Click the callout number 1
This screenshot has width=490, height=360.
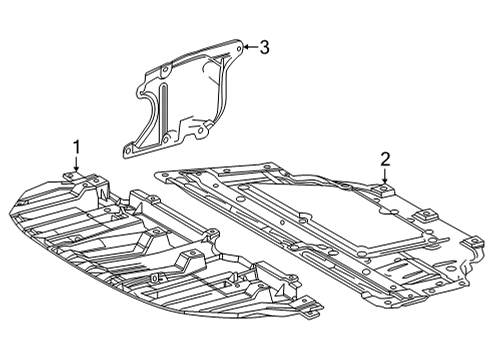(x=77, y=147)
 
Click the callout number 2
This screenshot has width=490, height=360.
(x=385, y=160)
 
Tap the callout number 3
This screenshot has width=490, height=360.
(x=264, y=47)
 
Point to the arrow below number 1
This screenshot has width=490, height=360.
(x=76, y=163)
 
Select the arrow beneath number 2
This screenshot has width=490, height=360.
(x=385, y=176)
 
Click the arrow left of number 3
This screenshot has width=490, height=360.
(x=251, y=47)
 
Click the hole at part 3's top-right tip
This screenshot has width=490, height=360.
(x=239, y=48)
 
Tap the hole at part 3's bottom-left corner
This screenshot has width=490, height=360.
(x=128, y=151)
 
